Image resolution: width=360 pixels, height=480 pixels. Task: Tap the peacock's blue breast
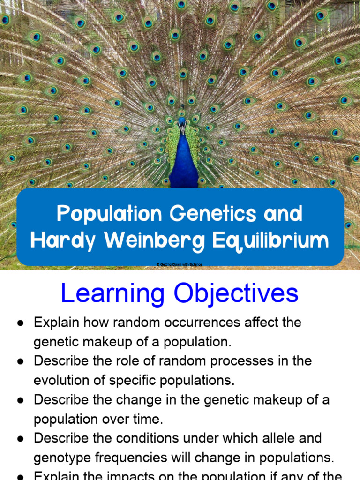tap(183, 162)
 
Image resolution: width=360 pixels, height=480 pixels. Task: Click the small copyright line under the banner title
tap(180, 265)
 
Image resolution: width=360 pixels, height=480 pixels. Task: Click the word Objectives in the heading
tap(236, 294)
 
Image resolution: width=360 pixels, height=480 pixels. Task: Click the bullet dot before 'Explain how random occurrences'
tap(20, 323)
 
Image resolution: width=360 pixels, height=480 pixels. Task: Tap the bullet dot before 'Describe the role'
tap(20, 361)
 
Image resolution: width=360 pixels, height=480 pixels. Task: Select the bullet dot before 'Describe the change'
tap(20, 400)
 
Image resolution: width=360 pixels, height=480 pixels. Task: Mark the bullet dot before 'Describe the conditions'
tap(20, 439)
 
